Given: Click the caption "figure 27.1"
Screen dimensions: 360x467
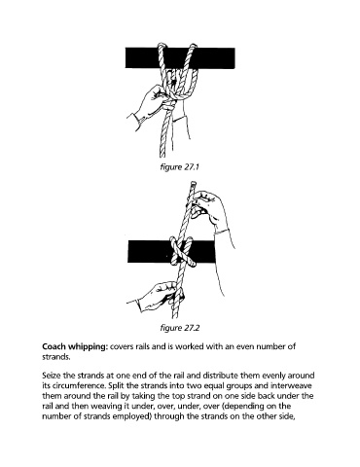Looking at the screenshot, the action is pyautogui.click(x=179, y=167).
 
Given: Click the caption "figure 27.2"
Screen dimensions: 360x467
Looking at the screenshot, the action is pyautogui.click(x=180, y=328).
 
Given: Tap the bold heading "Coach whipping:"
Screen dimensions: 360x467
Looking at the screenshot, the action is pyautogui.click(x=75, y=346).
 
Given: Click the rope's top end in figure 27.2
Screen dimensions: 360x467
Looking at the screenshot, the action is pyautogui.click(x=192, y=185).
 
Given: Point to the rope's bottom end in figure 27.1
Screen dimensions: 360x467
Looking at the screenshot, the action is pyautogui.click(x=162, y=155).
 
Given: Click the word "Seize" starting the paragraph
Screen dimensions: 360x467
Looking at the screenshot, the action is pyautogui.click(x=52, y=376).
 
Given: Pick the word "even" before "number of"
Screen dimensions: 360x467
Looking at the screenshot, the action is pyautogui.click(x=233, y=346).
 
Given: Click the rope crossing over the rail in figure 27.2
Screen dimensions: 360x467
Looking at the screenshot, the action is pyautogui.click(x=183, y=252).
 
